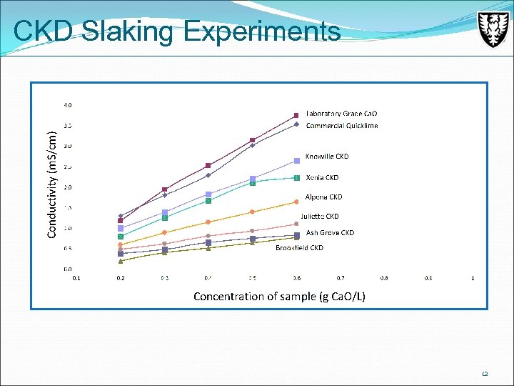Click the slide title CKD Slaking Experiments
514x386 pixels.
(x=176, y=31)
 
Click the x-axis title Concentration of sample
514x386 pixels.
(x=279, y=296)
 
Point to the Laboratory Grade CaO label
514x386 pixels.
(x=341, y=114)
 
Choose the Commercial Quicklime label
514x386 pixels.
(x=342, y=126)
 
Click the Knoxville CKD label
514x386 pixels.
(x=327, y=156)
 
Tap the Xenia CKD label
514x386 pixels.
(x=322, y=177)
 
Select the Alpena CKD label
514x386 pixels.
(x=323, y=197)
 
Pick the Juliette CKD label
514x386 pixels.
(x=319, y=216)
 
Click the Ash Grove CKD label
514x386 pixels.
(x=330, y=232)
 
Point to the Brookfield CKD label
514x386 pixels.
(x=299, y=247)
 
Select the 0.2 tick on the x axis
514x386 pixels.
(x=120, y=278)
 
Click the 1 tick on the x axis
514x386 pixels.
(x=473, y=278)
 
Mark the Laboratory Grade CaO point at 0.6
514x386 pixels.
(x=296, y=115)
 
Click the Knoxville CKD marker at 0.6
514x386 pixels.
(x=296, y=160)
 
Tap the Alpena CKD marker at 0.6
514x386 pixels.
(x=296, y=202)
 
